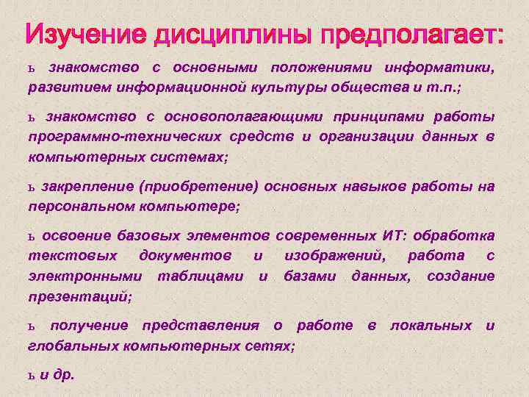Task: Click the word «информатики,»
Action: pos(439,68)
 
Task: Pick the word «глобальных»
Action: pos(72,346)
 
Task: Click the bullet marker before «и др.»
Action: pos(32,374)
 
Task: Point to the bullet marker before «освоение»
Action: pos(32,237)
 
